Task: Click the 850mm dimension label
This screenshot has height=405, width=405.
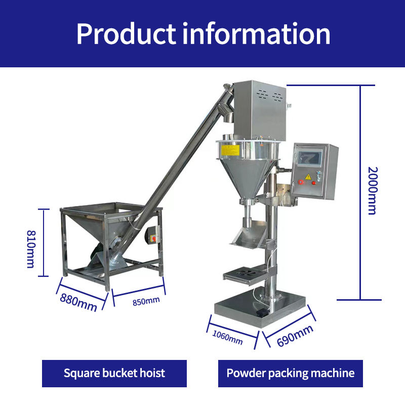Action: pyautogui.click(x=146, y=301)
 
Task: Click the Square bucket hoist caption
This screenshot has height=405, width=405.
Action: pyautogui.click(x=114, y=374)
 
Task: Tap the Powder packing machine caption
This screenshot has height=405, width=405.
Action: pyautogui.click(x=291, y=374)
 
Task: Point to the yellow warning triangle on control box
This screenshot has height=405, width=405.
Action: pyautogui.click(x=307, y=177)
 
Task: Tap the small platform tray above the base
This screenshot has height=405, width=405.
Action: pyautogui.click(x=245, y=274)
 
